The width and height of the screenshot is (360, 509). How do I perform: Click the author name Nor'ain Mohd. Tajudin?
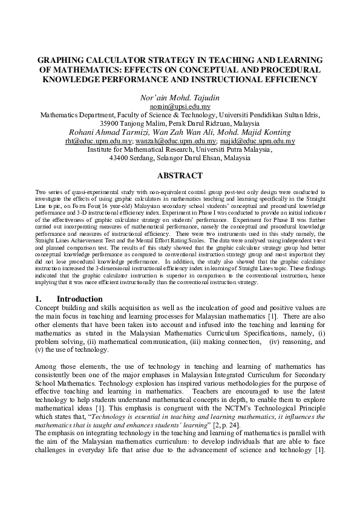(x=179, y=97)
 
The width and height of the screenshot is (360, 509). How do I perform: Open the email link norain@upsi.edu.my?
(x=180, y=105)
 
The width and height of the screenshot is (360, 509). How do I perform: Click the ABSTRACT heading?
(x=180, y=176)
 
